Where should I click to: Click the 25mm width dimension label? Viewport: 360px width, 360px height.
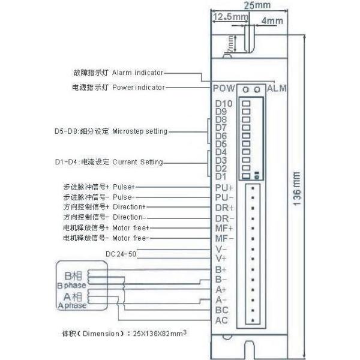click(259, 5)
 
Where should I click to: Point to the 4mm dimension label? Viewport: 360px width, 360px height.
click(272, 21)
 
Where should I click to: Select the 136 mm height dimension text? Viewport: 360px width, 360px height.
click(297, 189)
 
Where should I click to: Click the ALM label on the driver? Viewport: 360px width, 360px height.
click(277, 88)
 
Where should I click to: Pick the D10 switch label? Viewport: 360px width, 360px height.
click(223, 103)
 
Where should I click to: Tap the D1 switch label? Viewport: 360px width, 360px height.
click(220, 176)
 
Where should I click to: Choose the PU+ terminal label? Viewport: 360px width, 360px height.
click(224, 187)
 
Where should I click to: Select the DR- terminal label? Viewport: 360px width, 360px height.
click(224, 218)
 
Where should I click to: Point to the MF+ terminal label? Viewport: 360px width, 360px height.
click(224, 228)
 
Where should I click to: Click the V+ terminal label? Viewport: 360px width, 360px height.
click(221, 259)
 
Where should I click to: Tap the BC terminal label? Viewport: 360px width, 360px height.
click(221, 310)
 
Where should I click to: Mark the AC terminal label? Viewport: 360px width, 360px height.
click(221, 320)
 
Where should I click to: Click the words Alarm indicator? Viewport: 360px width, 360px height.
click(137, 73)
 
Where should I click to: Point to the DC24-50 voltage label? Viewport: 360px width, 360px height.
click(121, 254)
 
